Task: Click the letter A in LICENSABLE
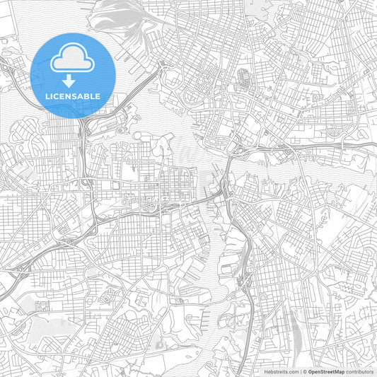83,96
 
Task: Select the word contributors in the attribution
361,371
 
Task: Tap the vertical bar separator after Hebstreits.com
301,371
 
